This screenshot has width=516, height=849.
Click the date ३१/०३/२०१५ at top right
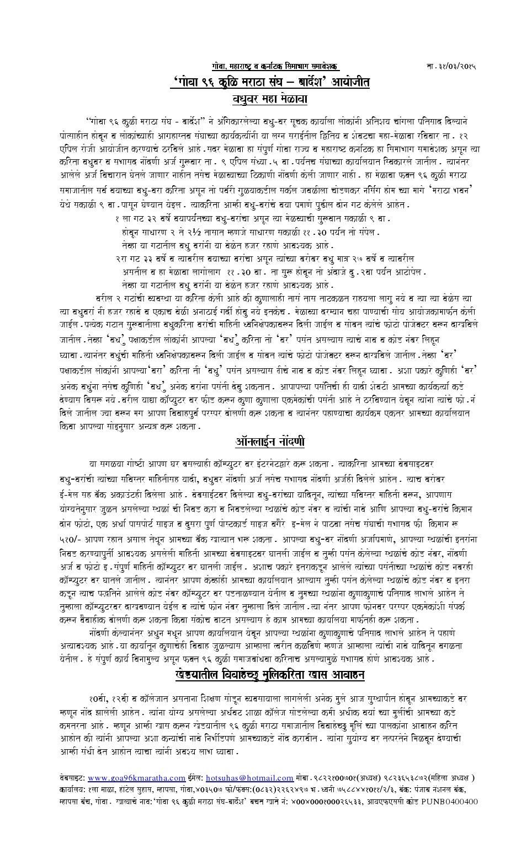point(457,66)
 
